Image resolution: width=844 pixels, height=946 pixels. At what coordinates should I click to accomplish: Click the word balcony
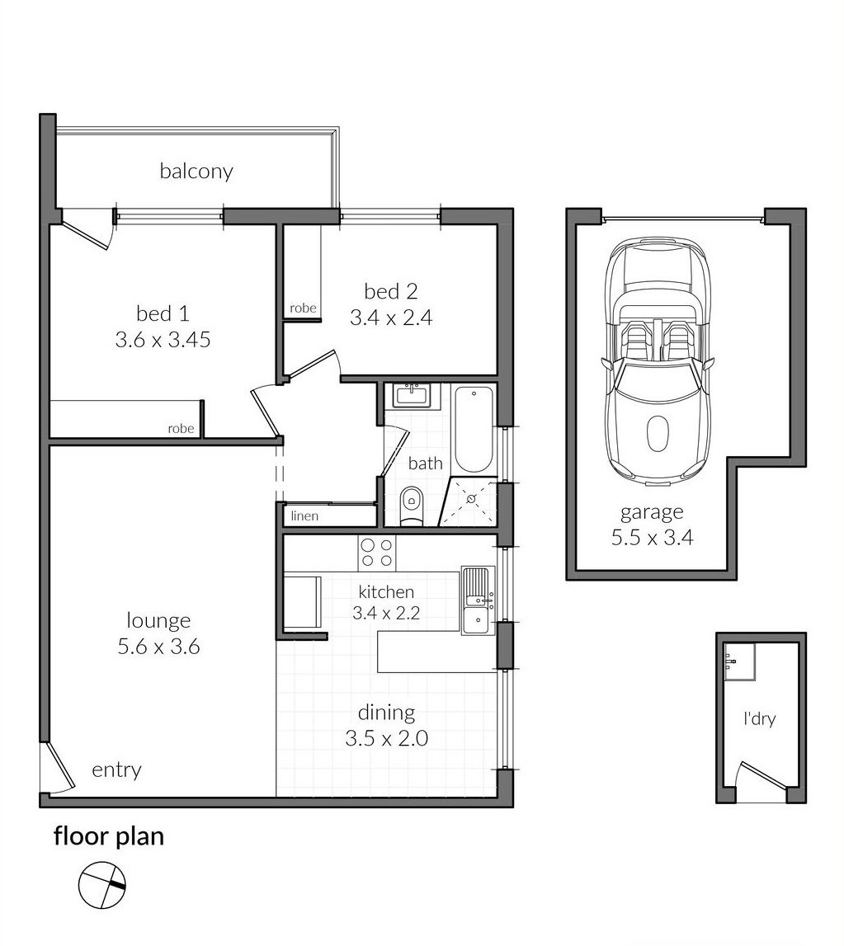196,172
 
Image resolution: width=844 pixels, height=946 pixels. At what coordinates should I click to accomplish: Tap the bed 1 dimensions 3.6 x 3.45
163,339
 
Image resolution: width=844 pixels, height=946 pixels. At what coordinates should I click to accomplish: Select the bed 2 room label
391,291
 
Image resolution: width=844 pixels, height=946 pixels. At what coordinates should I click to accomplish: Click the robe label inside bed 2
302,308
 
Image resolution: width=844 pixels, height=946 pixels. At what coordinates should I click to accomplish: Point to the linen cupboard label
304,516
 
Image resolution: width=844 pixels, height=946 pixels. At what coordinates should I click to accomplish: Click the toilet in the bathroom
410,505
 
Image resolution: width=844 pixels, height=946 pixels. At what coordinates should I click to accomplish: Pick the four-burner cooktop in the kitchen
376,552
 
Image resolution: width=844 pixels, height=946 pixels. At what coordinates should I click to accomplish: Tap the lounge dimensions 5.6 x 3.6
158,647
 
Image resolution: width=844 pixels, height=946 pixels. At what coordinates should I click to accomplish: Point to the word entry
116,770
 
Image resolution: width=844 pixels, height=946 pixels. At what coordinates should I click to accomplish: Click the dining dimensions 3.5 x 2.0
386,738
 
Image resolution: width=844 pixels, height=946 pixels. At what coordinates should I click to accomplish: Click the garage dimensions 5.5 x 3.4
652,539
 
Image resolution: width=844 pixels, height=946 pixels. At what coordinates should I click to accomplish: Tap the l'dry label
758,718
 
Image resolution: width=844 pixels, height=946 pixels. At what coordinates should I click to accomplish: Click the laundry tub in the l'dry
739,661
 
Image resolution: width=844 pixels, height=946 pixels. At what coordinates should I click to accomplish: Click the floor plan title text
109,836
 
